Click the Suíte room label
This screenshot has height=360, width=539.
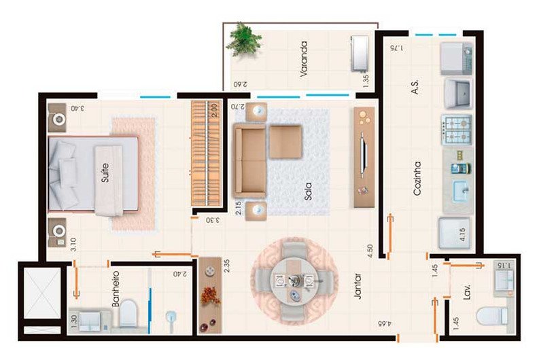click(105, 173)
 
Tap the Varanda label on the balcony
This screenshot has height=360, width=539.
click(304, 58)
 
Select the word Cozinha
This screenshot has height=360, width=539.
click(417, 179)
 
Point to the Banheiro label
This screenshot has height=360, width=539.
click(116, 289)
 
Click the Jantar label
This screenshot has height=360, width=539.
click(358, 286)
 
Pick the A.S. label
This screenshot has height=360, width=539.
click(415, 86)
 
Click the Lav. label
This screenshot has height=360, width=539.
click(466, 292)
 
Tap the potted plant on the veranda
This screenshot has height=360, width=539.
click(245, 39)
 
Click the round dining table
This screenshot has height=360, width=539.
click(294, 281)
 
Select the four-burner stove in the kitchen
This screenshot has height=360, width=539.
click(457, 130)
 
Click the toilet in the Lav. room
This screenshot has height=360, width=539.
click(492, 316)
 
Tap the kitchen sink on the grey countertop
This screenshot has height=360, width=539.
click(461, 190)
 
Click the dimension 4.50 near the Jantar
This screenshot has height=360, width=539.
click(370, 251)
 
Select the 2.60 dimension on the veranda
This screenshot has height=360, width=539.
click(241, 84)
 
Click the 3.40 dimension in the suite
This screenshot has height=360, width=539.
click(77, 108)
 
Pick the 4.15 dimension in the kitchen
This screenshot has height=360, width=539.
click(462, 234)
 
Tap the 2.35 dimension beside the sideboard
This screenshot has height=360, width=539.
click(226, 266)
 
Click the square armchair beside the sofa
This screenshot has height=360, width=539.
click(285, 142)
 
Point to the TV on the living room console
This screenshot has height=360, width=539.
click(363, 157)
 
